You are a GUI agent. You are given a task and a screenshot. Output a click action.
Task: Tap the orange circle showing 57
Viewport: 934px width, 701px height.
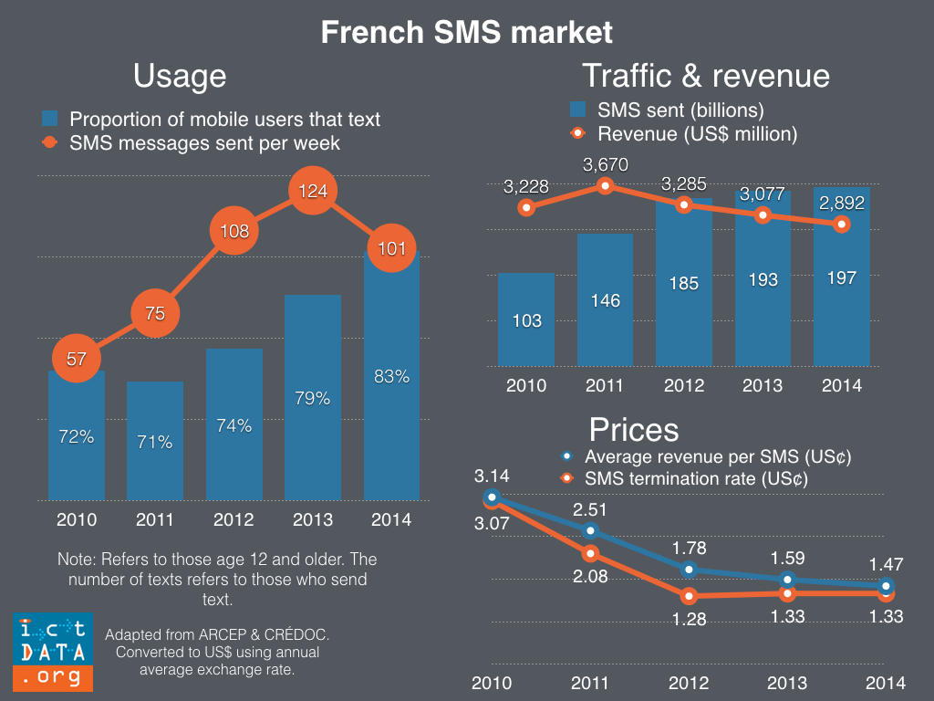click(77, 359)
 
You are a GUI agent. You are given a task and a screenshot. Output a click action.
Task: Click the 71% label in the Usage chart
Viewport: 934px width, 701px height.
click(155, 443)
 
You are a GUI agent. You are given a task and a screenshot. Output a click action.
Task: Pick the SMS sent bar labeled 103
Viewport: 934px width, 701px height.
click(527, 320)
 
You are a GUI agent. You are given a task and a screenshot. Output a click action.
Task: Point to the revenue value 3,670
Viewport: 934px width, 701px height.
click(606, 165)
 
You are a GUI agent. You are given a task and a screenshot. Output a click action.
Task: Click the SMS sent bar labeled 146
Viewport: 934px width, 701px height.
click(606, 300)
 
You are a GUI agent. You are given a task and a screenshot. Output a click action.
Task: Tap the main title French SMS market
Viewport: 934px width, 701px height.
click(466, 33)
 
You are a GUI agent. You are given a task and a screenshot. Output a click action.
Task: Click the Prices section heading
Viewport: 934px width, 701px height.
click(634, 429)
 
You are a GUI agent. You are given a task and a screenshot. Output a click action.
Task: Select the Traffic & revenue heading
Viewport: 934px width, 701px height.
click(705, 75)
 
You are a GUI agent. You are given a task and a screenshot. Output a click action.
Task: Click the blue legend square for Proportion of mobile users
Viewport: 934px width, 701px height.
click(51, 120)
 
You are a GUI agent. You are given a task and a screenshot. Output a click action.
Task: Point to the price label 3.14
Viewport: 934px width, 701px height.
click(492, 476)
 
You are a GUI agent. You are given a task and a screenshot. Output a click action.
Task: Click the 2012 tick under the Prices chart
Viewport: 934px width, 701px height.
click(688, 683)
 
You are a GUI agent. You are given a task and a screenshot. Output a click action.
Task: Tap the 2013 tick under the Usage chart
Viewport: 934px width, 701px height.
click(312, 520)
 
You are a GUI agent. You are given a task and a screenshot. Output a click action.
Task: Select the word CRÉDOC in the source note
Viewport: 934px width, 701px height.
click(307, 633)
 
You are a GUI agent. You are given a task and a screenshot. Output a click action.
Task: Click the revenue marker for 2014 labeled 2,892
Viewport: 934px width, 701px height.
click(842, 224)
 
